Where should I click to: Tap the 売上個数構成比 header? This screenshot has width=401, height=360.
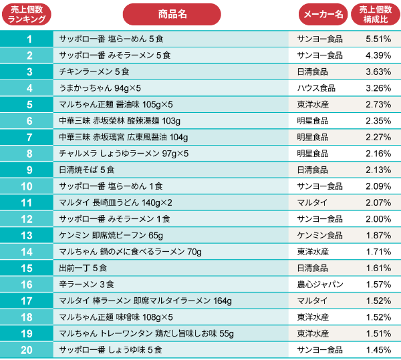(x=377, y=14)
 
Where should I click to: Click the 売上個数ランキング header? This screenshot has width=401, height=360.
(x=27, y=14)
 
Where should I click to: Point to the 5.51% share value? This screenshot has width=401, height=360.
(x=378, y=39)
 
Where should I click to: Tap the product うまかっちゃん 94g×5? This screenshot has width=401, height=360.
(x=100, y=87)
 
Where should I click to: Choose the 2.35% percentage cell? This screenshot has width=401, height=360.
(x=378, y=120)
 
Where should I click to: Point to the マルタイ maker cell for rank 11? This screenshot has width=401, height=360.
(x=311, y=202)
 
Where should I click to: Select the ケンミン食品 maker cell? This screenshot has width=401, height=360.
(x=319, y=235)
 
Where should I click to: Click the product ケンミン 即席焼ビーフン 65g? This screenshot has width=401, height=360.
(x=111, y=235)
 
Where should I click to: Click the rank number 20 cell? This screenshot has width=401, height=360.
(x=27, y=349)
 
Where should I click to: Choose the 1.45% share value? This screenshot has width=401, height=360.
(x=378, y=349)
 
